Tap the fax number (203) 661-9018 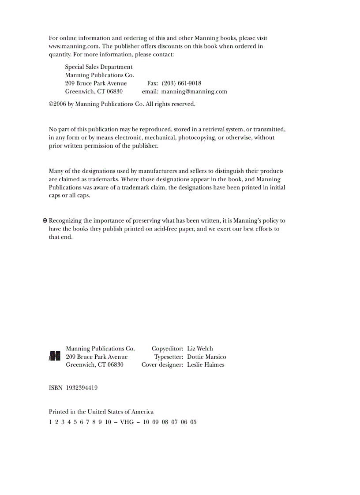click(x=181, y=83)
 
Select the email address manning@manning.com click(x=194, y=92)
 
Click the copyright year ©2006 click(x=57, y=104)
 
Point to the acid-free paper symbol click(x=45, y=221)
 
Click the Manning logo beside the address click(x=55, y=356)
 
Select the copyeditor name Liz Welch click(x=200, y=349)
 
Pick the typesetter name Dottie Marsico click(x=206, y=357)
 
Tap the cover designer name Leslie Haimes click(x=206, y=365)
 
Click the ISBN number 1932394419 click(x=82, y=388)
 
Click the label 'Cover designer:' click(x=162, y=365)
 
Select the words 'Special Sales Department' click(x=99, y=67)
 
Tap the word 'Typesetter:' click(x=169, y=357)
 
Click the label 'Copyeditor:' click(x=167, y=349)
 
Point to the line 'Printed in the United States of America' click(x=101, y=412)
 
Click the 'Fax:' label click(x=153, y=83)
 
